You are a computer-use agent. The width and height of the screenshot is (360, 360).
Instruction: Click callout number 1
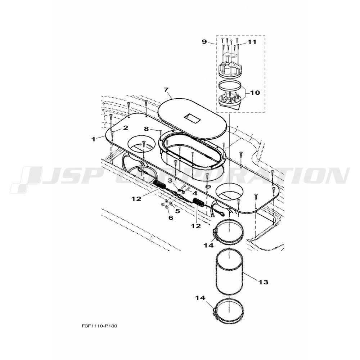point(94,139)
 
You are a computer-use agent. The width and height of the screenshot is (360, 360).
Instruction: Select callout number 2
point(125,128)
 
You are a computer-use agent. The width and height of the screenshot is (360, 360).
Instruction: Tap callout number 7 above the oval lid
point(166,90)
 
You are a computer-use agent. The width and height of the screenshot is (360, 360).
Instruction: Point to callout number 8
point(147,129)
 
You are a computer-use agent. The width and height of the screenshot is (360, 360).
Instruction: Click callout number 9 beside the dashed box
point(204,42)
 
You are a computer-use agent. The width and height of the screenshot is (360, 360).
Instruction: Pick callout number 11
point(252,42)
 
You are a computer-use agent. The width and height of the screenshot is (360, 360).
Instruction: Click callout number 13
point(263,282)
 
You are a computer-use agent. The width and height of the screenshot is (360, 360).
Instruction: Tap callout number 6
point(171,217)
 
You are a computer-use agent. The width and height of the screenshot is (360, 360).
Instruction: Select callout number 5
point(177,211)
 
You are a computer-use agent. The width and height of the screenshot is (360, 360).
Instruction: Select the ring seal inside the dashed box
point(230,85)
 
